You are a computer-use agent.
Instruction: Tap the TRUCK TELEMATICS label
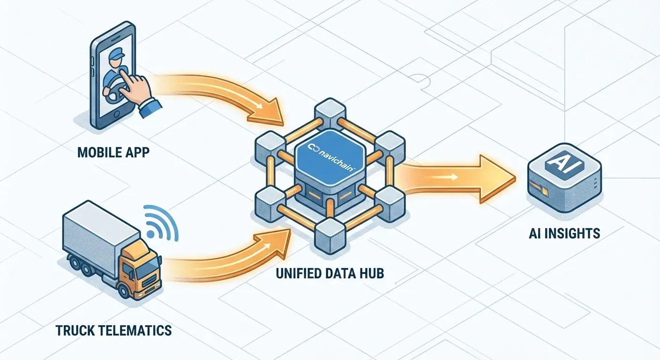tap(113, 330)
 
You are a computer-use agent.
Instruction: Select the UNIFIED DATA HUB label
tap(330, 273)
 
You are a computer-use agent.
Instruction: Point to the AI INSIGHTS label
tap(564, 233)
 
